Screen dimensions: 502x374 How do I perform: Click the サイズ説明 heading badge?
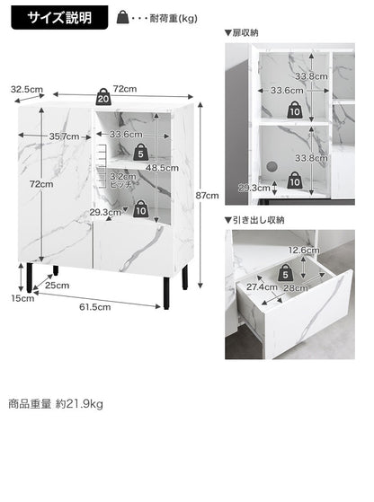pos(58,17)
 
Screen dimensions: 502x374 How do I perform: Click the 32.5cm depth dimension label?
pos(27,89)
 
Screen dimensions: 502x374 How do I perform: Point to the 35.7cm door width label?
pos(65,137)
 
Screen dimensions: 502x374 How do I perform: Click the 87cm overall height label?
pos(208,195)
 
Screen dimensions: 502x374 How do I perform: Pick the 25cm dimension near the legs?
pos(57,286)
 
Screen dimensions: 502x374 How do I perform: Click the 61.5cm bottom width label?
pos(93,306)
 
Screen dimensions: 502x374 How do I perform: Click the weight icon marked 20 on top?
pos(103,96)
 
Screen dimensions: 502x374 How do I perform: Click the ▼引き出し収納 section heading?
pos(254,219)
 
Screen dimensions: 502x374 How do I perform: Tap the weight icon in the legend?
pos(122,16)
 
